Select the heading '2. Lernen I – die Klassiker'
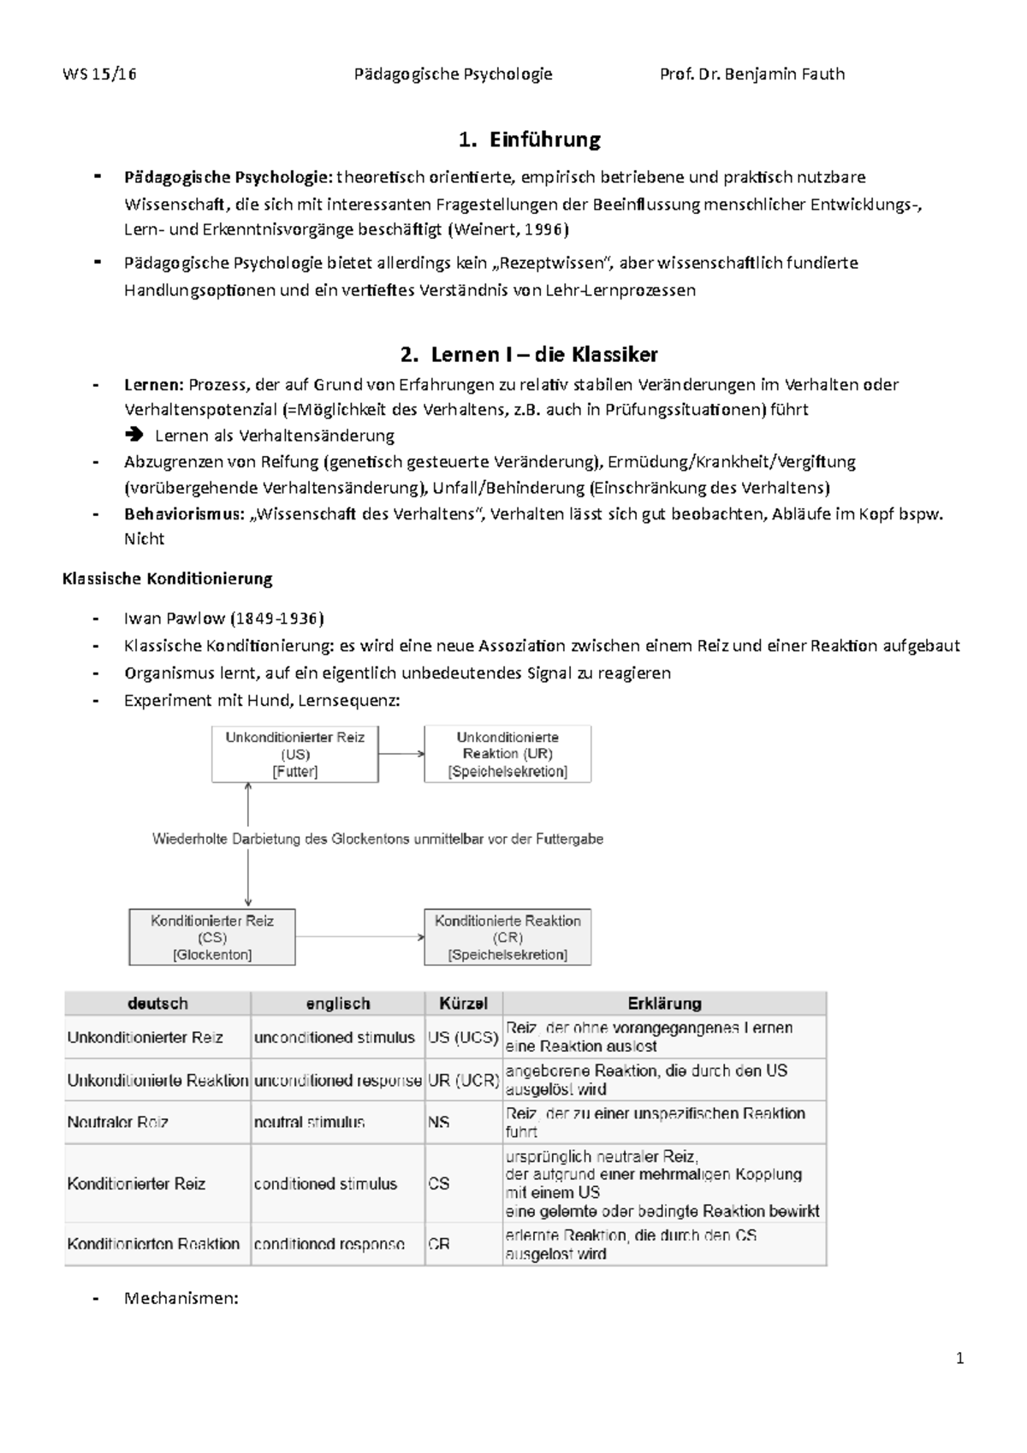click(x=529, y=354)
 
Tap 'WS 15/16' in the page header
click(x=99, y=74)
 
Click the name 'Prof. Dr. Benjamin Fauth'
click(x=752, y=74)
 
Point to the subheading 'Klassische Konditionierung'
click(x=168, y=578)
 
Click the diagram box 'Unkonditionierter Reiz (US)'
click(x=295, y=754)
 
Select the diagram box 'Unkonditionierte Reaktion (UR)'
click(x=508, y=754)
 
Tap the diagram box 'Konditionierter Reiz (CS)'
click(x=212, y=937)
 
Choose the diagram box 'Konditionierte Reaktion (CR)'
click(x=508, y=937)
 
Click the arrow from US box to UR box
click(x=401, y=754)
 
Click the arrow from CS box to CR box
click(x=359, y=937)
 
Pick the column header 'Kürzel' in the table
click(x=463, y=1003)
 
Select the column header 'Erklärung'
click(x=664, y=1003)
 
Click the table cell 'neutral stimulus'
click(x=309, y=1122)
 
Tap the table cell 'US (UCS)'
click(x=463, y=1037)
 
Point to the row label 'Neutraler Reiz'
click(x=118, y=1122)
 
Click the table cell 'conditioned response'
click(x=329, y=1244)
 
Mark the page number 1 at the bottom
click(x=960, y=1358)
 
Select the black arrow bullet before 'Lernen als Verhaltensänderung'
click(x=134, y=436)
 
